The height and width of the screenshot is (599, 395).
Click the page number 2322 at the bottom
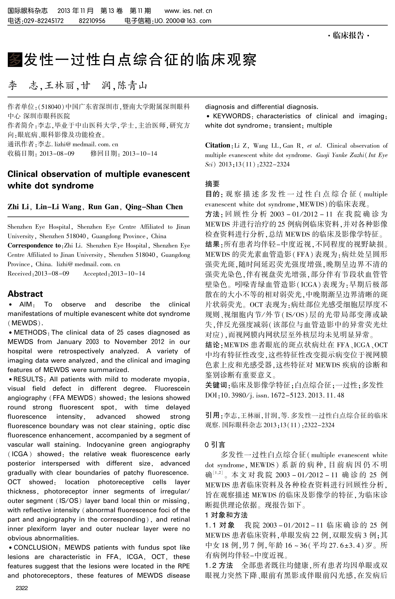point(22,588)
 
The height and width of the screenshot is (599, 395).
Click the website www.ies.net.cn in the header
point(188,11)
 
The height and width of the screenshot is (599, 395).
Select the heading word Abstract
point(25,294)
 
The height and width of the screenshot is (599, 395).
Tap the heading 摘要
point(212,184)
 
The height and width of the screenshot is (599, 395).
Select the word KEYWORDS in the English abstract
point(231,116)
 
